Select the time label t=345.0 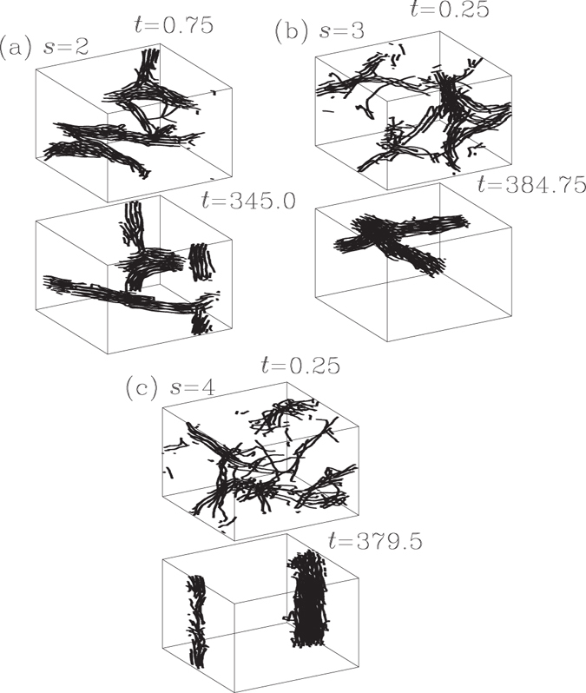click(246, 201)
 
